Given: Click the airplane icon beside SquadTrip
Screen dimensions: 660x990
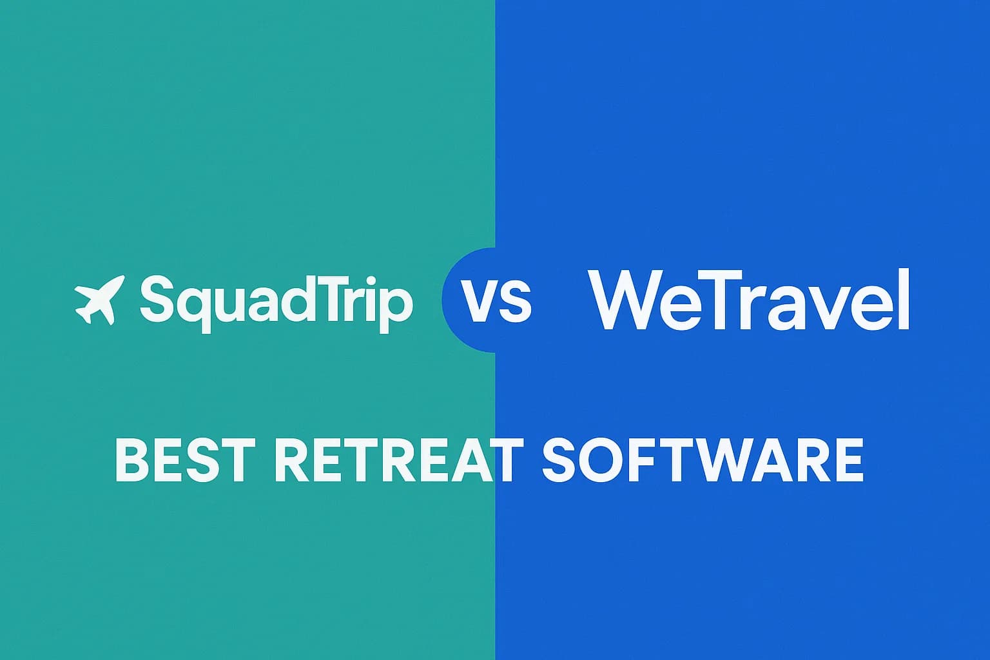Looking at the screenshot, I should (x=99, y=300).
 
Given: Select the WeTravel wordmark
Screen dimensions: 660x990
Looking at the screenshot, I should (x=748, y=300).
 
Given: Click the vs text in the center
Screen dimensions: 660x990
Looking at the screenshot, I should (x=496, y=300).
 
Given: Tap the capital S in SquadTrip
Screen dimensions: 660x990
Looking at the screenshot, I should (x=155, y=298).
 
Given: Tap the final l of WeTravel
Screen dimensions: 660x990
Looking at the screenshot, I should (x=904, y=299).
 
